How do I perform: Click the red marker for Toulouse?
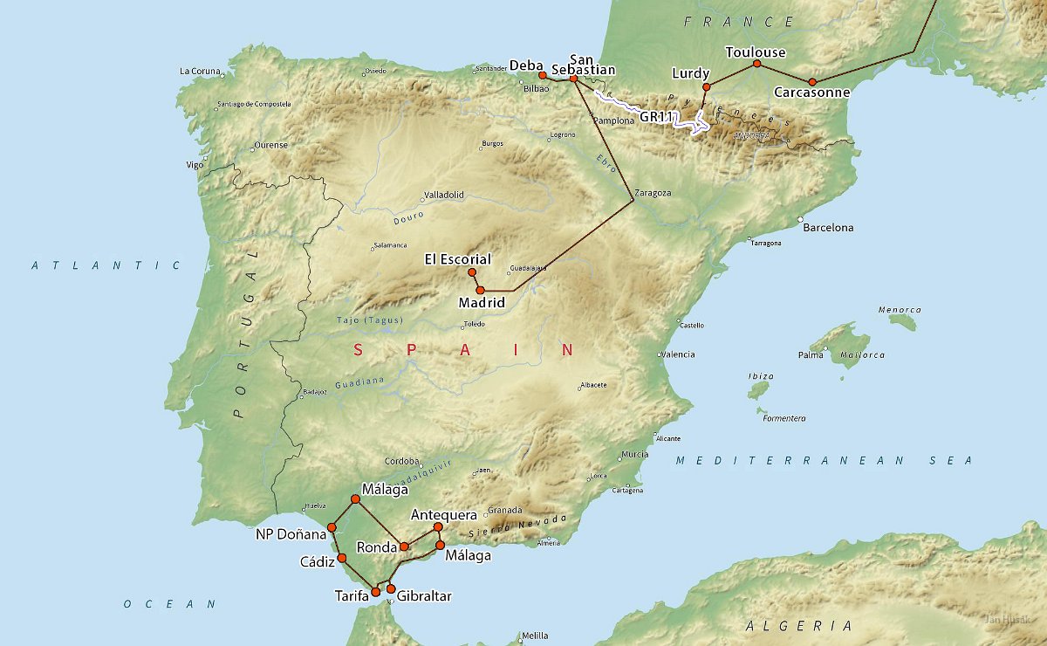coord(756,64)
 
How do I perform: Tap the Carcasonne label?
coord(811,92)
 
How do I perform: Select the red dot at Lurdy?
coord(707,86)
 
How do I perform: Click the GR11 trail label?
coord(656,115)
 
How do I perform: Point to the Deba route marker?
coord(543,75)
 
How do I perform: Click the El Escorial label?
coord(457,259)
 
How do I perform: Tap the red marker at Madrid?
coord(480,289)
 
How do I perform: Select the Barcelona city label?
coord(828,228)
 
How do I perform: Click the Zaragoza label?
coord(654,193)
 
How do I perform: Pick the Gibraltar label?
coord(424,596)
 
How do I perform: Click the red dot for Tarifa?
coord(376,592)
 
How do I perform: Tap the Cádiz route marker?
coord(342,557)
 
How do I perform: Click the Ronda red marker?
coord(404,546)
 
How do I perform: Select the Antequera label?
coord(443,515)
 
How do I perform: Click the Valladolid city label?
coord(443,195)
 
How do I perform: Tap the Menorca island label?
coord(900,310)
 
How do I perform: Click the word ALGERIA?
coord(799,626)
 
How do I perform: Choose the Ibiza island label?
coord(760,375)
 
